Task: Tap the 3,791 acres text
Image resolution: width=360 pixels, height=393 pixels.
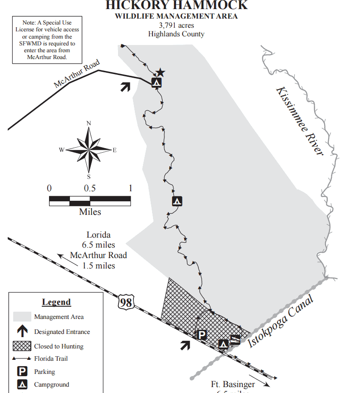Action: coord(177,25)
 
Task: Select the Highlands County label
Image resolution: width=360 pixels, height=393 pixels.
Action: coord(177,34)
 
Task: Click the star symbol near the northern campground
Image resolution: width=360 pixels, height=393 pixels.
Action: coord(160,73)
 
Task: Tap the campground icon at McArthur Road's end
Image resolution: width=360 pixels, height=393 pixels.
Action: coord(156,83)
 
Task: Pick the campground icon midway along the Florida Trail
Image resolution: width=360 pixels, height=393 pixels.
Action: coord(177,201)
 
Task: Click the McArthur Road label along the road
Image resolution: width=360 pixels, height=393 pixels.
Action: coord(76,74)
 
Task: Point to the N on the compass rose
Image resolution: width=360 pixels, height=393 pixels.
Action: coord(89,123)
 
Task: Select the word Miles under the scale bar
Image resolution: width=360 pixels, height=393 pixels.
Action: coord(90,212)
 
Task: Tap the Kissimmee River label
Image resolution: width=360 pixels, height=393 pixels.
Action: coord(300,120)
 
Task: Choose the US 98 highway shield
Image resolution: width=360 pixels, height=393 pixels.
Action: coord(126,302)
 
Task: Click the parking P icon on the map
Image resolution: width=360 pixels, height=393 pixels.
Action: coord(201,335)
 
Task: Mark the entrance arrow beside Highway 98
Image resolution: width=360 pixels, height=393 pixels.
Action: coord(185,345)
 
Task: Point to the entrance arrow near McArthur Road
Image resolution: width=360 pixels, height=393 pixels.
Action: coord(125,86)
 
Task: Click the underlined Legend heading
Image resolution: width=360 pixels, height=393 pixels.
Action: coord(56,302)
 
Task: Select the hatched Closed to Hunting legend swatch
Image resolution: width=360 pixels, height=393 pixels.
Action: coord(22,346)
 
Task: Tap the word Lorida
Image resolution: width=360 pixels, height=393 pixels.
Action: coord(99,235)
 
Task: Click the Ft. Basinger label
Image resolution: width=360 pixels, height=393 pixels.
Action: coord(233,384)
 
